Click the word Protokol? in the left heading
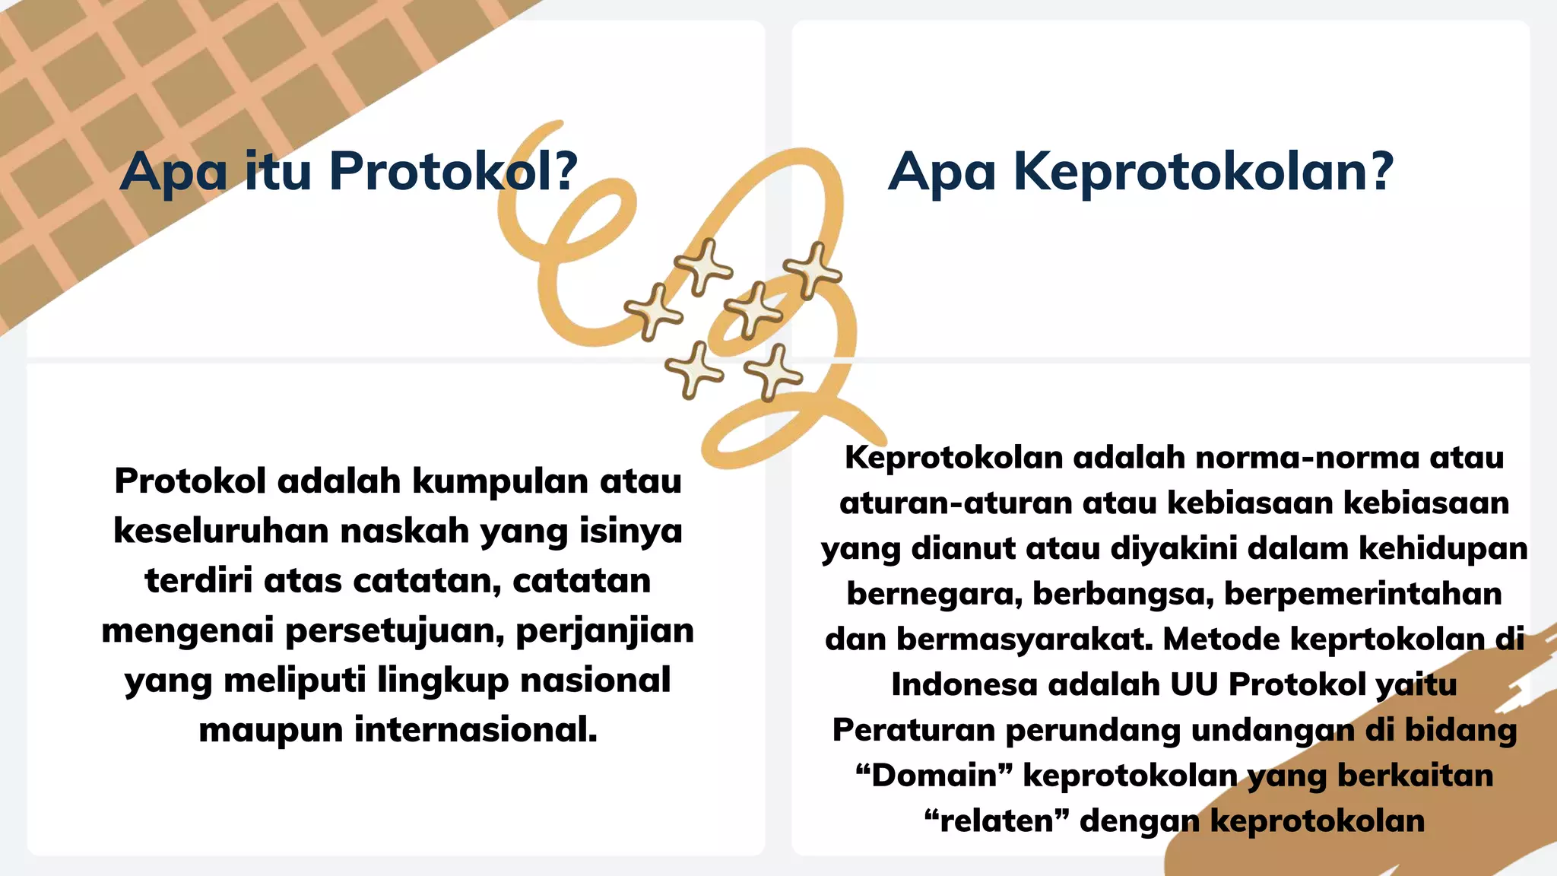point(453,171)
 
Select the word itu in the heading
point(278,171)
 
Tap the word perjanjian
point(604,631)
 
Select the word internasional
point(476,730)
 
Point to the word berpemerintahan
point(1362,594)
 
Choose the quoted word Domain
point(934,776)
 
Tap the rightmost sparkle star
point(813,270)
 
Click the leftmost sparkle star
point(652,312)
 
